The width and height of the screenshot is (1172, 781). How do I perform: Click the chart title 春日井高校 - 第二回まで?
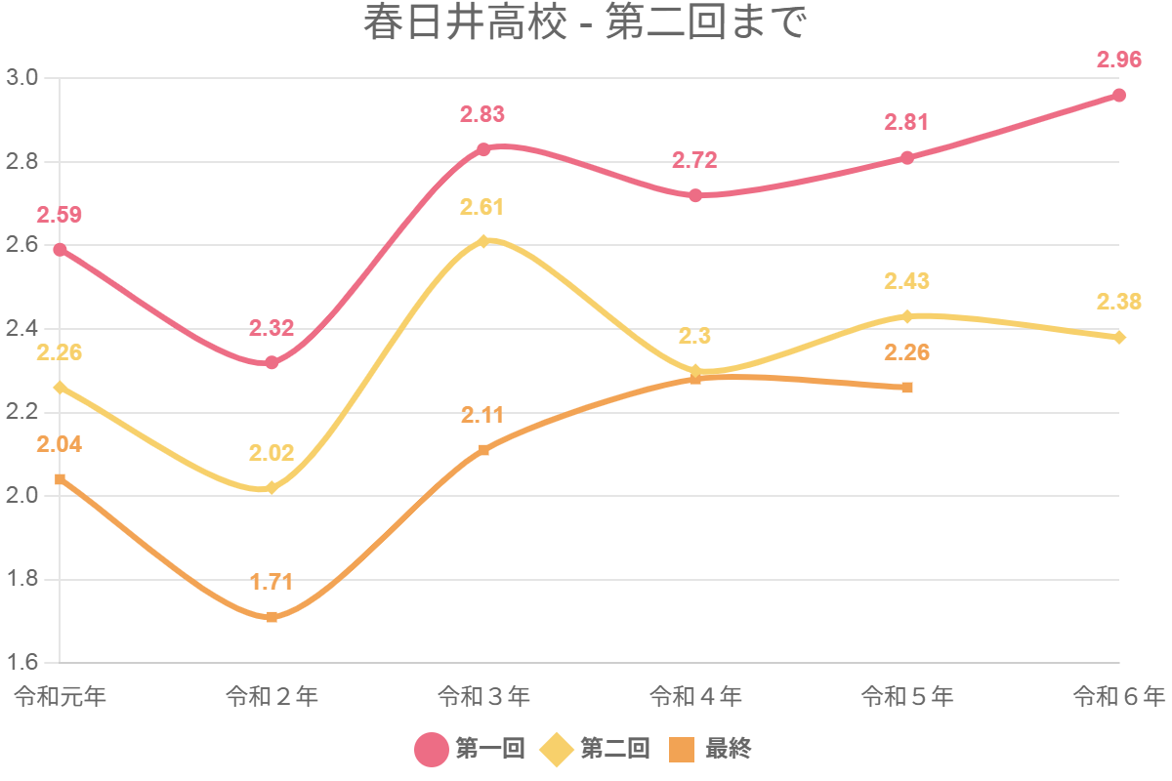pyautogui.click(x=586, y=24)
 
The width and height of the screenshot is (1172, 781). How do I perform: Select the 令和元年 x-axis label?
pyautogui.click(x=61, y=696)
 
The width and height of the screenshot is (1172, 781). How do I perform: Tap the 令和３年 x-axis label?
pyautogui.click(x=483, y=696)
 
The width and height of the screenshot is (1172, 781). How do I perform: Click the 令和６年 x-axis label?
pyautogui.click(x=1119, y=696)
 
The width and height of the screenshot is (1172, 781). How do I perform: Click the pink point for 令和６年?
pyautogui.click(x=1119, y=96)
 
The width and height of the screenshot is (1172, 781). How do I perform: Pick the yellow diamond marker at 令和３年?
pyautogui.click(x=483, y=241)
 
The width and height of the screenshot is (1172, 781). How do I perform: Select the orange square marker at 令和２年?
pyautogui.click(x=272, y=617)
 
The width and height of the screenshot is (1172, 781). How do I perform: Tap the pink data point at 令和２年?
pyautogui.click(x=272, y=362)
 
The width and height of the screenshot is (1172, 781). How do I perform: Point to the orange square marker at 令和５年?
pyautogui.click(x=907, y=388)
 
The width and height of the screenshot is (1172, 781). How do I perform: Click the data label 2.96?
pyautogui.click(x=1119, y=60)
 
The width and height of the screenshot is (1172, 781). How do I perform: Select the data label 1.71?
pyautogui.click(x=272, y=583)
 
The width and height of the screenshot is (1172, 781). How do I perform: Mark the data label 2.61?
pyautogui.click(x=483, y=207)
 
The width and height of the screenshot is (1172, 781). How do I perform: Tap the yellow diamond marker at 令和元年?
pyautogui.click(x=61, y=388)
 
